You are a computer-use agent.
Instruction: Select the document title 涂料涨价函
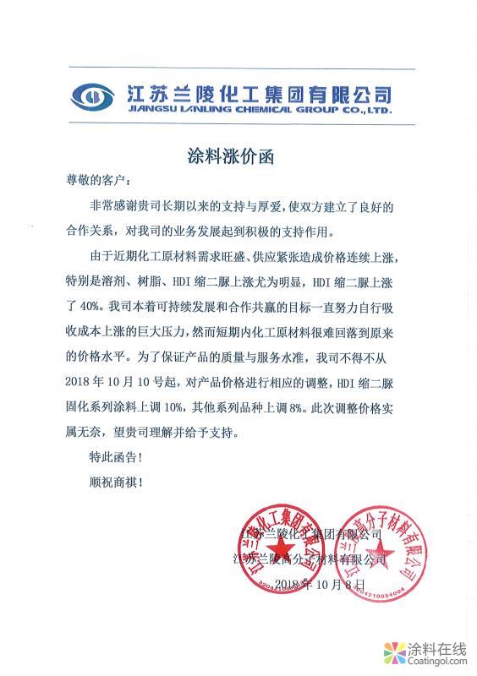point(238,157)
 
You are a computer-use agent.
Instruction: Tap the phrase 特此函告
point(111,460)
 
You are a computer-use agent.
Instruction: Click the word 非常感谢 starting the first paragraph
point(110,205)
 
